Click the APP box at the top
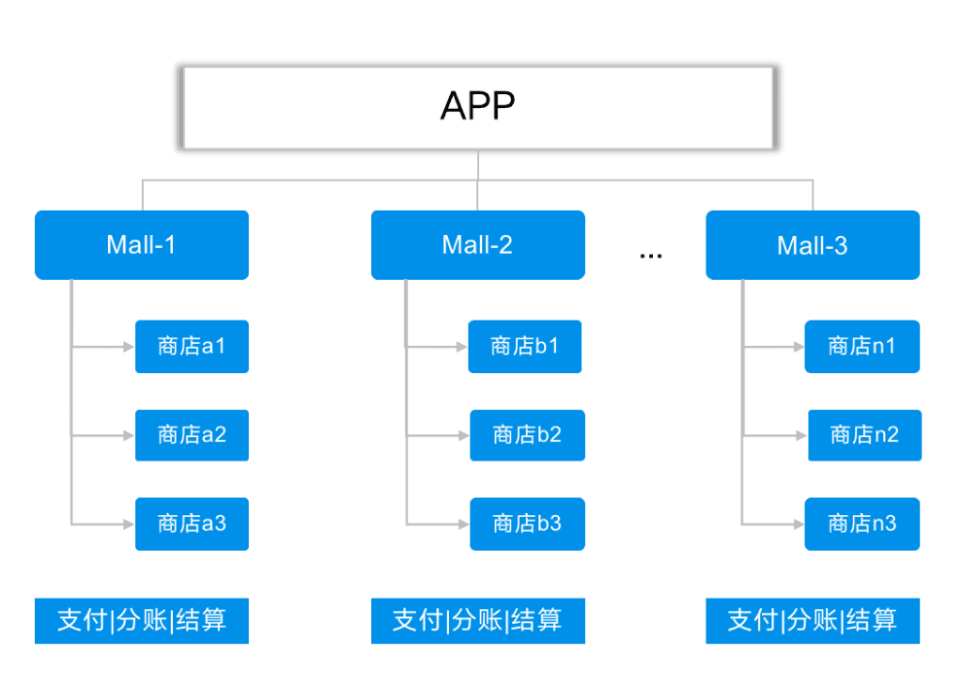[x=478, y=107]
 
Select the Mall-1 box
[x=142, y=245]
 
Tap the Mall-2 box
[x=478, y=245]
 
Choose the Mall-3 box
[x=813, y=245]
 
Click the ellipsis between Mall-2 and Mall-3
[x=650, y=256]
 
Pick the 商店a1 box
[x=192, y=346]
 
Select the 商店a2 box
[x=192, y=435]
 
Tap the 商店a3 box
[x=192, y=524]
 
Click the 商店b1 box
[x=524, y=346]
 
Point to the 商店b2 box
[x=527, y=435]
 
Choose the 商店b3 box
[x=527, y=524]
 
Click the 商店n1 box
[x=862, y=346]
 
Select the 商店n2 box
[x=864, y=435]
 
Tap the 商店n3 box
[x=862, y=524]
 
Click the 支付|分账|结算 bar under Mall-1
[x=142, y=620]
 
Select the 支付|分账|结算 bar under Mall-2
[x=478, y=620]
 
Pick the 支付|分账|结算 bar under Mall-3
[x=813, y=620]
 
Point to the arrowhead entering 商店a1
[x=129, y=347]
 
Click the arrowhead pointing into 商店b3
[x=463, y=524]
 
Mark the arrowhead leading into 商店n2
[x=801, y=436]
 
